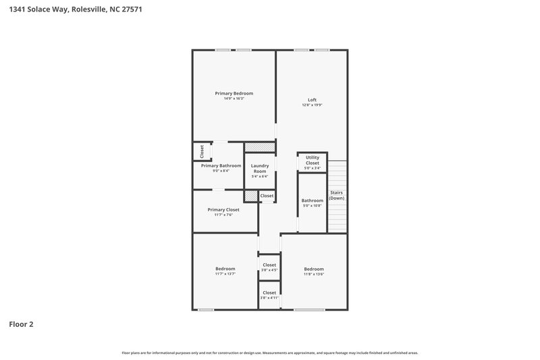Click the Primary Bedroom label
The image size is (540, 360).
coord(234,93)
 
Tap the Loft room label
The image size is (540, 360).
coord(312,100)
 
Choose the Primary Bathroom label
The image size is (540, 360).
coord(221,165)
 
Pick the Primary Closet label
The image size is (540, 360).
coord(223,209)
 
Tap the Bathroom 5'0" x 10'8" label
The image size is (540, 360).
coord(313,201)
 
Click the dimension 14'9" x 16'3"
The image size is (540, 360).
coord(234,99)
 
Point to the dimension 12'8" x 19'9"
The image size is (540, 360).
coord(312,105)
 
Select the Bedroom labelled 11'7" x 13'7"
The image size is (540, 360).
coord(225,269)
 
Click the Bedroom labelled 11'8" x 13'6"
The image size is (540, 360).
coord(314,269)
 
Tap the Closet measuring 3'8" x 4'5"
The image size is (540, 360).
coord(269,265)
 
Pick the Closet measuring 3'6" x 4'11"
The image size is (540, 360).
coord(269,292)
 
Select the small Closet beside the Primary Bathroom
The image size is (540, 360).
coord(202,152)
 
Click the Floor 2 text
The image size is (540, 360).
coord(21,324)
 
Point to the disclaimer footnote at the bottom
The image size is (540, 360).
coord(270,353)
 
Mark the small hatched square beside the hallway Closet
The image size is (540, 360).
coord(252,196)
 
